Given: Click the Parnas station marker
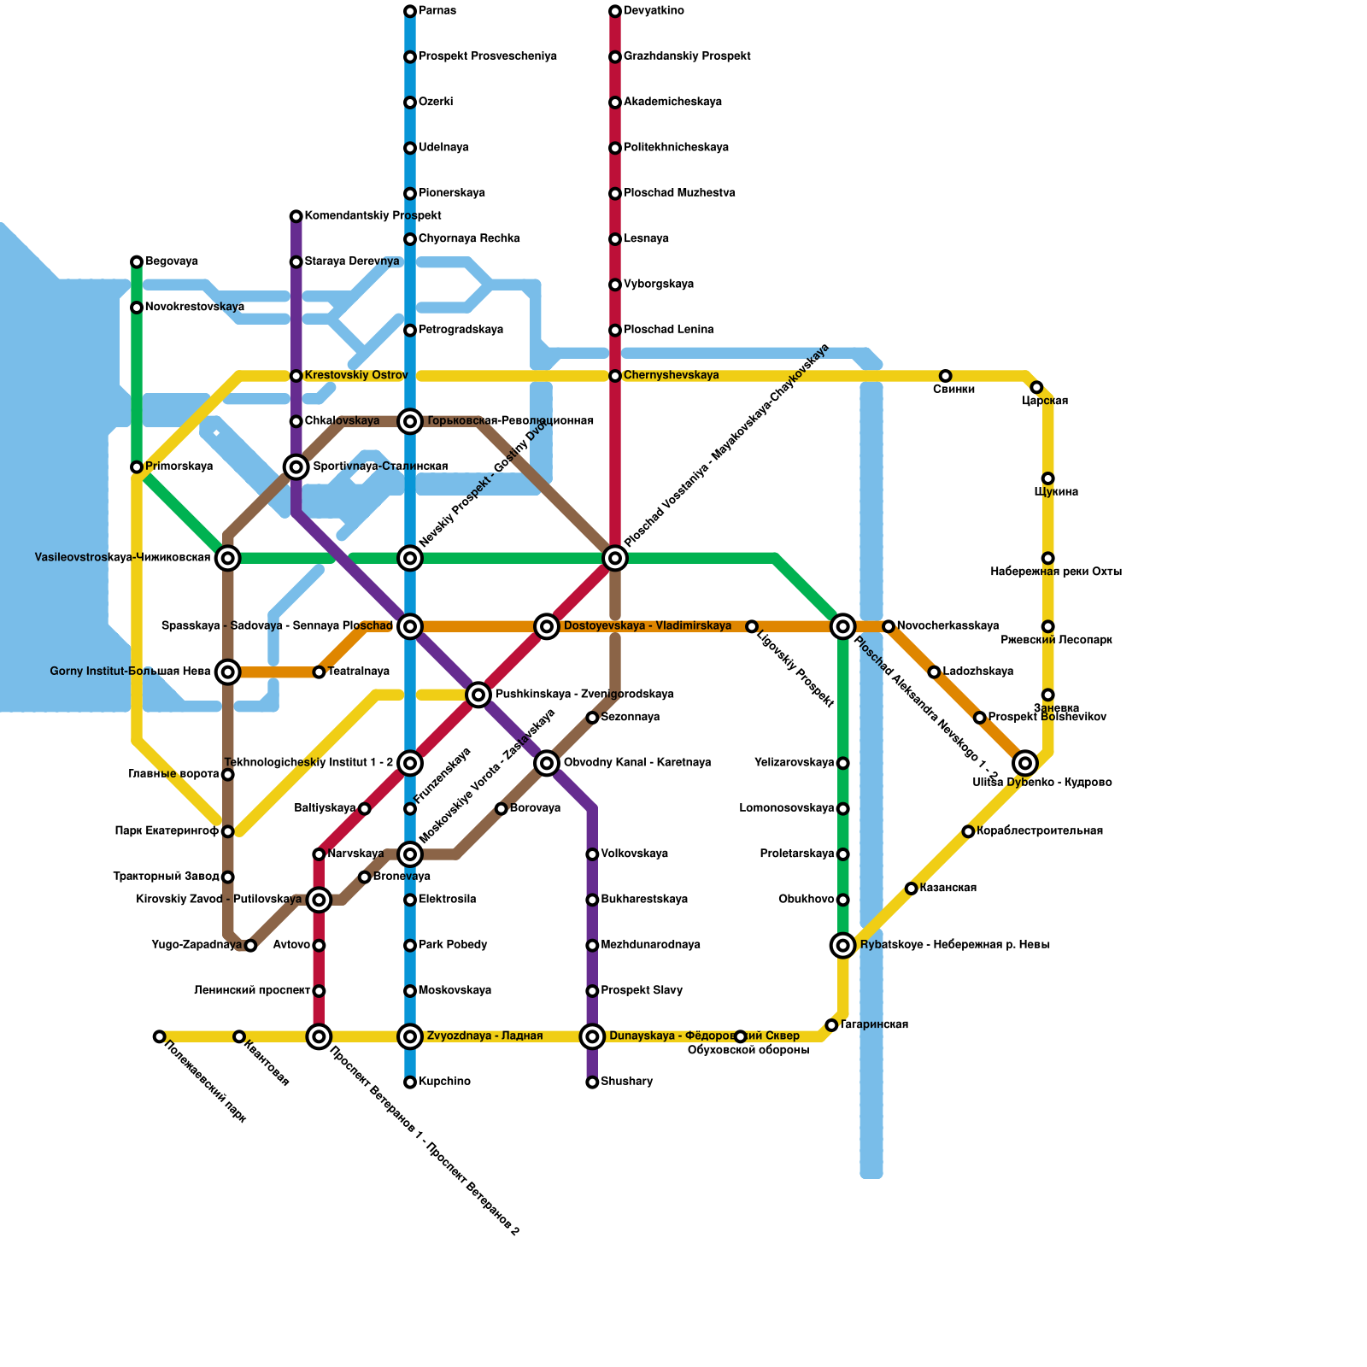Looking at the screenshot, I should [x=410, y=11].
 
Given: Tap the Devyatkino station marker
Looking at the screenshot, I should [x=615, y=11].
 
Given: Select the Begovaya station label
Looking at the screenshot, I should [x=172, y=261].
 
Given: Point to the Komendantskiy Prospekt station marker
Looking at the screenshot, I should [x=296, y=216].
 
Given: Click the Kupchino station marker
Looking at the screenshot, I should [x=410, y=1082].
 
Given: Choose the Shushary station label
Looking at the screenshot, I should [x=626, y=1082].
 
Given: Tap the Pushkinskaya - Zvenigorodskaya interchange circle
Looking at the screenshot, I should [x=478, y=695].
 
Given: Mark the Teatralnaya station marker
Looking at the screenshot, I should [x=319, y=672].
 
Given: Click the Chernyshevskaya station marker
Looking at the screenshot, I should [x=615, y=376].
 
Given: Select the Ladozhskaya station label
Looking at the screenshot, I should [x=977, y=672].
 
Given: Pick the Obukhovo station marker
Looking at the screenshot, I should [x=843, y=900].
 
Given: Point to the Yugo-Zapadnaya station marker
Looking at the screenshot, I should [x=250, y=946].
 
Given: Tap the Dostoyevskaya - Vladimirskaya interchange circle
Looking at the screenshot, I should [x=547, y=626].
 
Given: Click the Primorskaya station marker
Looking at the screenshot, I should [x=137, y=467].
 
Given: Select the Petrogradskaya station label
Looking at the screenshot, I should [x=461, y=330].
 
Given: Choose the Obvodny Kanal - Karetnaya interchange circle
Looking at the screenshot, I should [x=547, y=763].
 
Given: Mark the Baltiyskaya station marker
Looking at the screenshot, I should [x=365, y=809].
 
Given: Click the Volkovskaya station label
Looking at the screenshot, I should [x=634, y=854].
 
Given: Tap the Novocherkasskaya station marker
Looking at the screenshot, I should [x=889, y=626].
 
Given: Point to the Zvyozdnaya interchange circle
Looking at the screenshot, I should [x=410, y=1036].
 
